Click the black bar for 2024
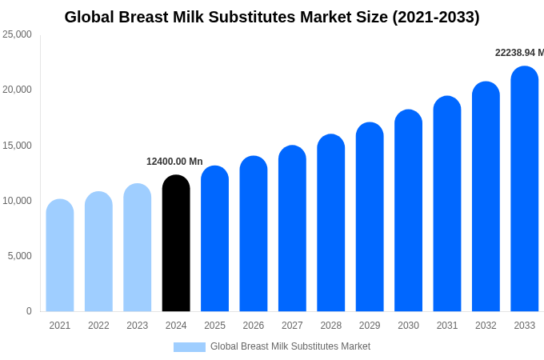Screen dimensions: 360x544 coord(176,243)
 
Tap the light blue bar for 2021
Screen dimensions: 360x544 coord(60,255)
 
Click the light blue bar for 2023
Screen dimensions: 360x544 coord(138,247)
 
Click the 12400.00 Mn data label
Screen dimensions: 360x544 coord(174,162)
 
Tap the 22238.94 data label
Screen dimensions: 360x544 coord(519,53)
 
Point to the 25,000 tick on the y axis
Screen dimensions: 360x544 coord(17,34)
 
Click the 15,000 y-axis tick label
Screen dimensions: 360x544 coord(17,146)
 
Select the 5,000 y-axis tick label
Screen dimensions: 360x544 coord(19,256)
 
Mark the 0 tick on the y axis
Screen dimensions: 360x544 coord(29,311)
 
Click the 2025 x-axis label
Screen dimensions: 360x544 coord(214,326)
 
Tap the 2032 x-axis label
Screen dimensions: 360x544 coord(486,326)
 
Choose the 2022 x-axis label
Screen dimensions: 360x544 coord(98,326)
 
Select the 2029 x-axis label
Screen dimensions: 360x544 coord(370,326)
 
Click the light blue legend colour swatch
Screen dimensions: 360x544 coord(190,347)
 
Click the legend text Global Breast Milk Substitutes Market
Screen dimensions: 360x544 coord(290,346)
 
